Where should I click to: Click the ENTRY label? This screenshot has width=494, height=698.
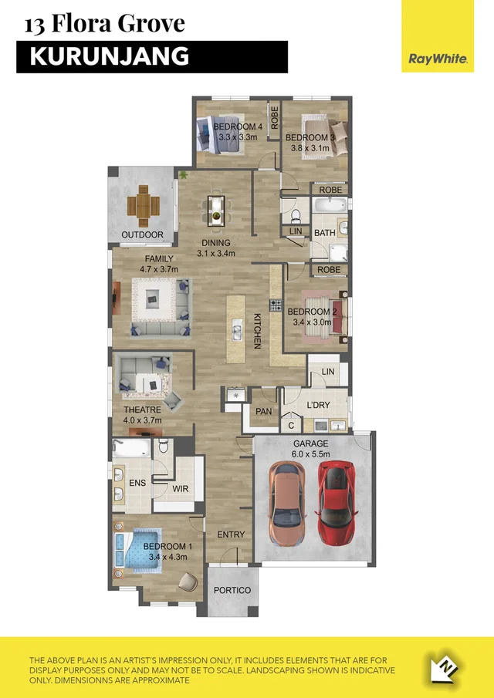231,534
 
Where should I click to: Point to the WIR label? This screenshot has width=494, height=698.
181,489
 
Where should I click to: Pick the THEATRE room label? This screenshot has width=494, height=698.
142,410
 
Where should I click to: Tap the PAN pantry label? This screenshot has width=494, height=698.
264,412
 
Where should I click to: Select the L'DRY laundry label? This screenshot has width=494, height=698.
318,406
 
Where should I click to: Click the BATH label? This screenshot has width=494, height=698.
324,232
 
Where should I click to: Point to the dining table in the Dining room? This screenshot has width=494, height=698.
215,207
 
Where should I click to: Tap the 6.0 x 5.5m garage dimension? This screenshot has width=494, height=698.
310,455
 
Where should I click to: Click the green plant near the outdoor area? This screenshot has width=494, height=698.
184,176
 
